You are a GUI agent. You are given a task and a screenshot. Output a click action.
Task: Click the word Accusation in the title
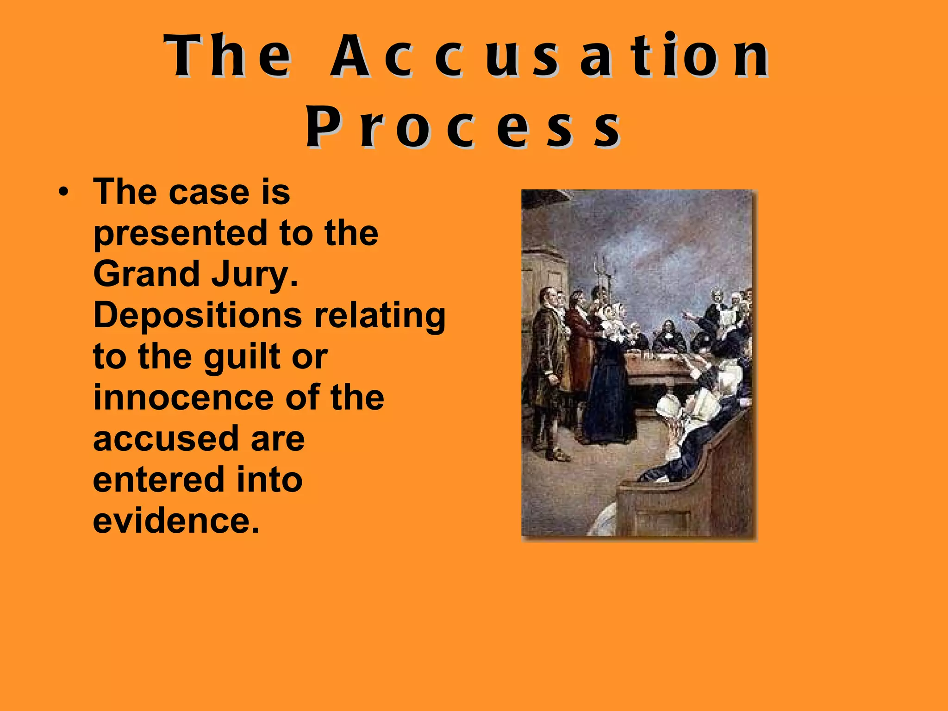[549, 56]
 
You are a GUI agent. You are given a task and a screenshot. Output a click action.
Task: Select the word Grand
[146, 274]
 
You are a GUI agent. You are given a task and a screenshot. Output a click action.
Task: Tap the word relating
[380, 316]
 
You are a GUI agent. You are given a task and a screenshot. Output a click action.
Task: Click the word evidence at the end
[176, 521]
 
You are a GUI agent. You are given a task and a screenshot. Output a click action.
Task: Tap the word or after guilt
[310, 357]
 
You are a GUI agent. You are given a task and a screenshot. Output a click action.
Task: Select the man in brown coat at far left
[546, 370]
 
